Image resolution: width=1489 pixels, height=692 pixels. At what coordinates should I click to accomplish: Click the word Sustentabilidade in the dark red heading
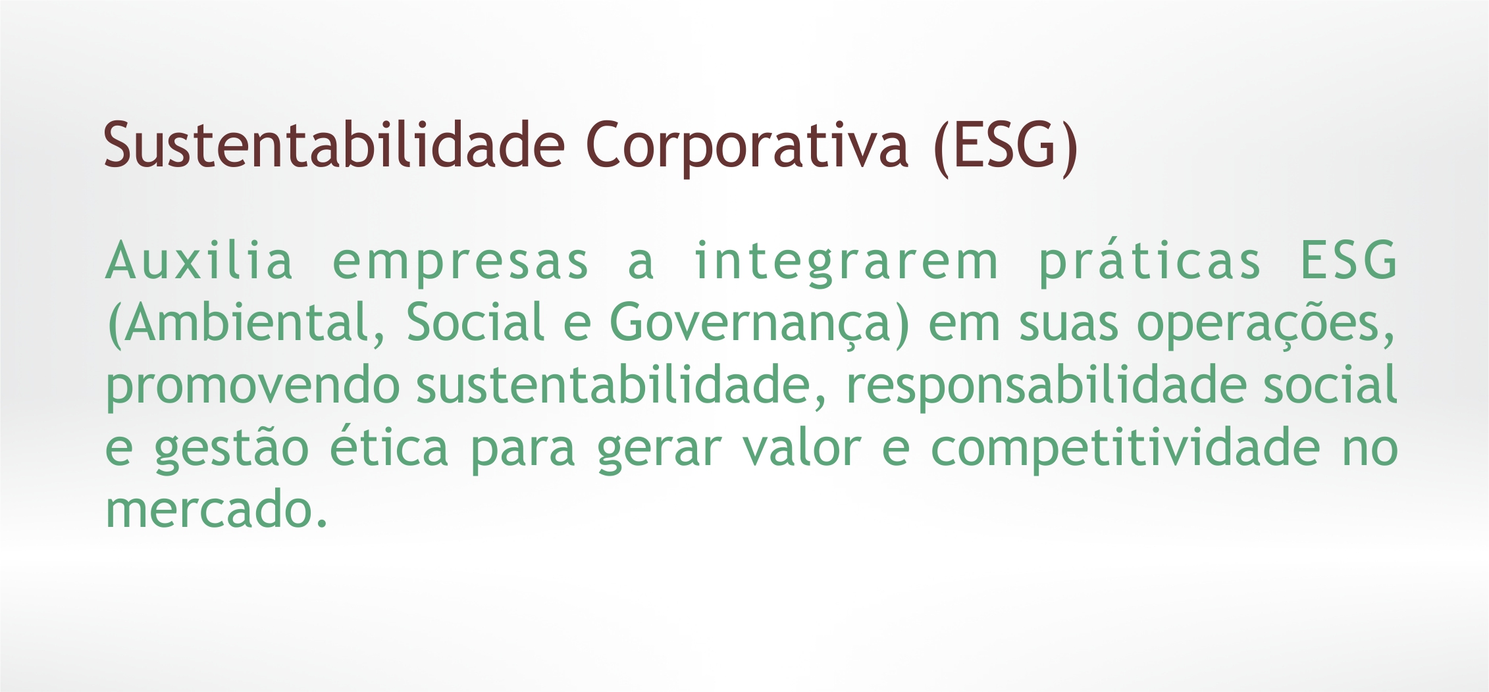point(334,144)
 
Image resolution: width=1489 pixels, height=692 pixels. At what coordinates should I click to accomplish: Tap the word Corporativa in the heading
point(747,149)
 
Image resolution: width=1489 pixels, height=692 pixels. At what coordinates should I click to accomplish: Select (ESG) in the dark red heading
point(1005,147)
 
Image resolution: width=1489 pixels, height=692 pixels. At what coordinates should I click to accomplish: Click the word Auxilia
point(199,260)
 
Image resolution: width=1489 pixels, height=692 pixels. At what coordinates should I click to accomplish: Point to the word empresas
point(461,266)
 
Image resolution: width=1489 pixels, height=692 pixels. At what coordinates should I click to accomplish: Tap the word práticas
point(1150,263)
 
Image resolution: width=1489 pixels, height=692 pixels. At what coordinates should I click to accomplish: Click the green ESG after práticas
point(1349,260)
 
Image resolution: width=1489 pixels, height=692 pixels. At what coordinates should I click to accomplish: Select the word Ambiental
point(247,324)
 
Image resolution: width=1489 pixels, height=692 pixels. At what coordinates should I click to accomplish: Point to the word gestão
point(232,449)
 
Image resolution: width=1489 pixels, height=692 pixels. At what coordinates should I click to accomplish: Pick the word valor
point(802,446)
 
